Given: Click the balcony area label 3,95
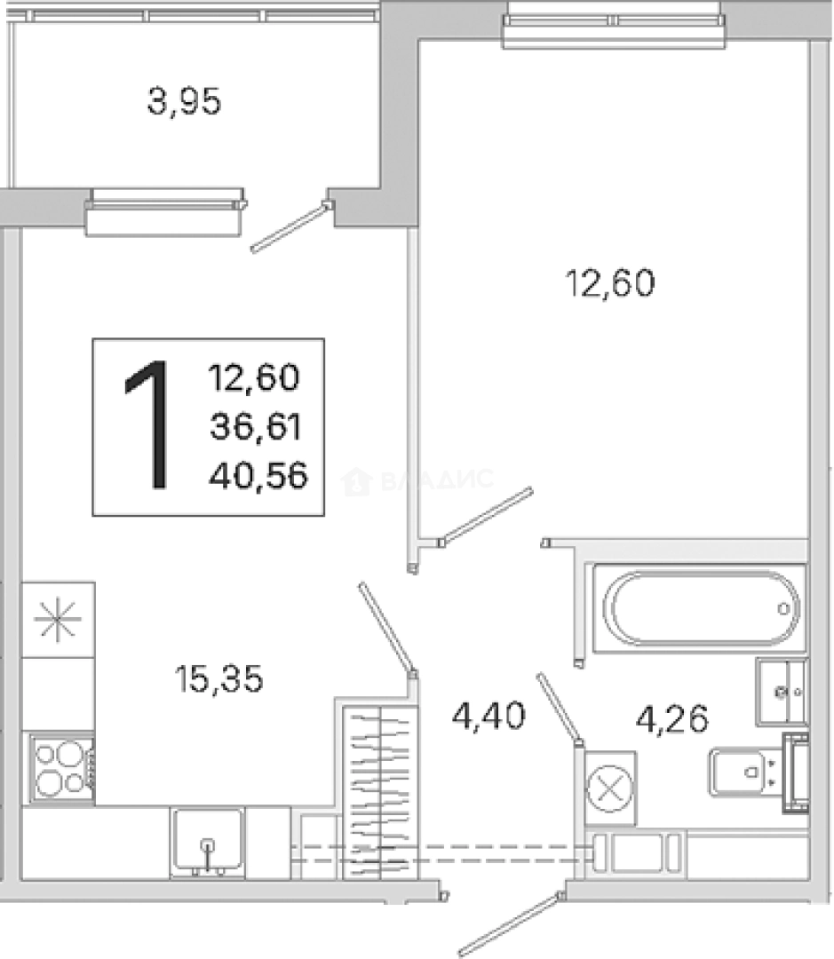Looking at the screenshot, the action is tap(184, 101).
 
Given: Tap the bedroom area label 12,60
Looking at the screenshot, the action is tap(610, 283).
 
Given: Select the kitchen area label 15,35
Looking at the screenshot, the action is tap(219, 679).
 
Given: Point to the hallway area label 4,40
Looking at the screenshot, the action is tap(488, 717).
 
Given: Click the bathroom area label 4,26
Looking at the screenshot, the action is tap(671, 718).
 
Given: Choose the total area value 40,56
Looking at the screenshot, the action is tap(258, 476).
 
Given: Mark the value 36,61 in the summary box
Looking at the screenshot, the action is tap(256, 426).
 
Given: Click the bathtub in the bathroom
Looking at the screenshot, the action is tap(700, 608).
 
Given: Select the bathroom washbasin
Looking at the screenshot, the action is tap(782, 692).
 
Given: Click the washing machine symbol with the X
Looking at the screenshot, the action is tap(610, 788).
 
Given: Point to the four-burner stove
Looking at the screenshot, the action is tap(59, 768).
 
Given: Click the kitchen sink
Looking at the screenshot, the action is tap(208, 842).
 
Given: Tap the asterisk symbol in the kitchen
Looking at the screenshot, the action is tap(57, 620).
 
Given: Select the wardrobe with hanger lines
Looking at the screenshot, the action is tap(380, 793).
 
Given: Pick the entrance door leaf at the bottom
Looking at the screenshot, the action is tap(509, 924).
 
